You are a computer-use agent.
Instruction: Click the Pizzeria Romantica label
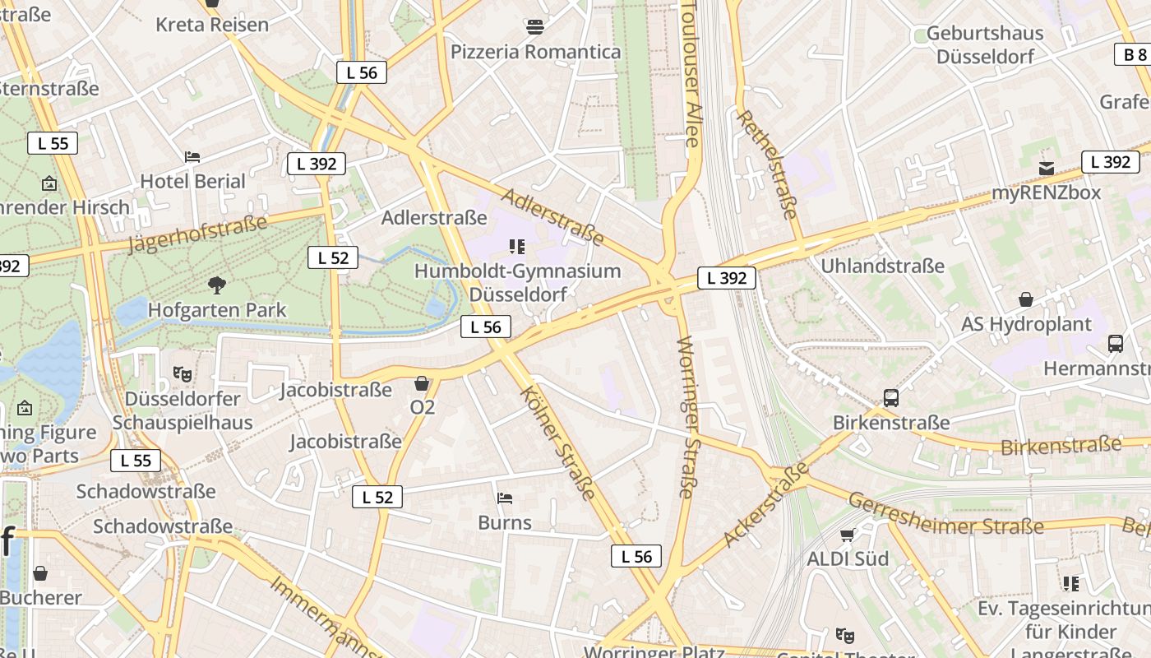click(535, 52)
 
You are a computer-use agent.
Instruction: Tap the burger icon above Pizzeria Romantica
click(535, 27)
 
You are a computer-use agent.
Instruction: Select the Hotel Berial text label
click(192, 181)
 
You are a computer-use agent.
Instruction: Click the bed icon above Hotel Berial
click(192, 156)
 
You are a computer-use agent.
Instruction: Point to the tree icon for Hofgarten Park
click(217, 285)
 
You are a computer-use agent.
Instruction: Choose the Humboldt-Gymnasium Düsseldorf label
click(517, 282)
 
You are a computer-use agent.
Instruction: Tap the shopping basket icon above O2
click(422, 382)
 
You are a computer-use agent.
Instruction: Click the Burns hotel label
click(505, 522)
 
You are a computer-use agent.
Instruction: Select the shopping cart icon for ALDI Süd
click(847, 535)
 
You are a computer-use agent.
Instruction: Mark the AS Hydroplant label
click(1026, 324)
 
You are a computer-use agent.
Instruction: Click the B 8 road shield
click(1135, 54)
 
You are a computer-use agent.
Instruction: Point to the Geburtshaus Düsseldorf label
click(985, 45)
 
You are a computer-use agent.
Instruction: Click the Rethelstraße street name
click(768, 164)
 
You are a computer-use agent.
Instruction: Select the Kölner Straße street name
click(558, 442)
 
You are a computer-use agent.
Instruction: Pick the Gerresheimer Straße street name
click(945, 514)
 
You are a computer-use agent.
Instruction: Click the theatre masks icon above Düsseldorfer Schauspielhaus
click(183, 373)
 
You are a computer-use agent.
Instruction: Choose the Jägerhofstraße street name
click(197, 234)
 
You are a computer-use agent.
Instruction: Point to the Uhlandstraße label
click(883, 266)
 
